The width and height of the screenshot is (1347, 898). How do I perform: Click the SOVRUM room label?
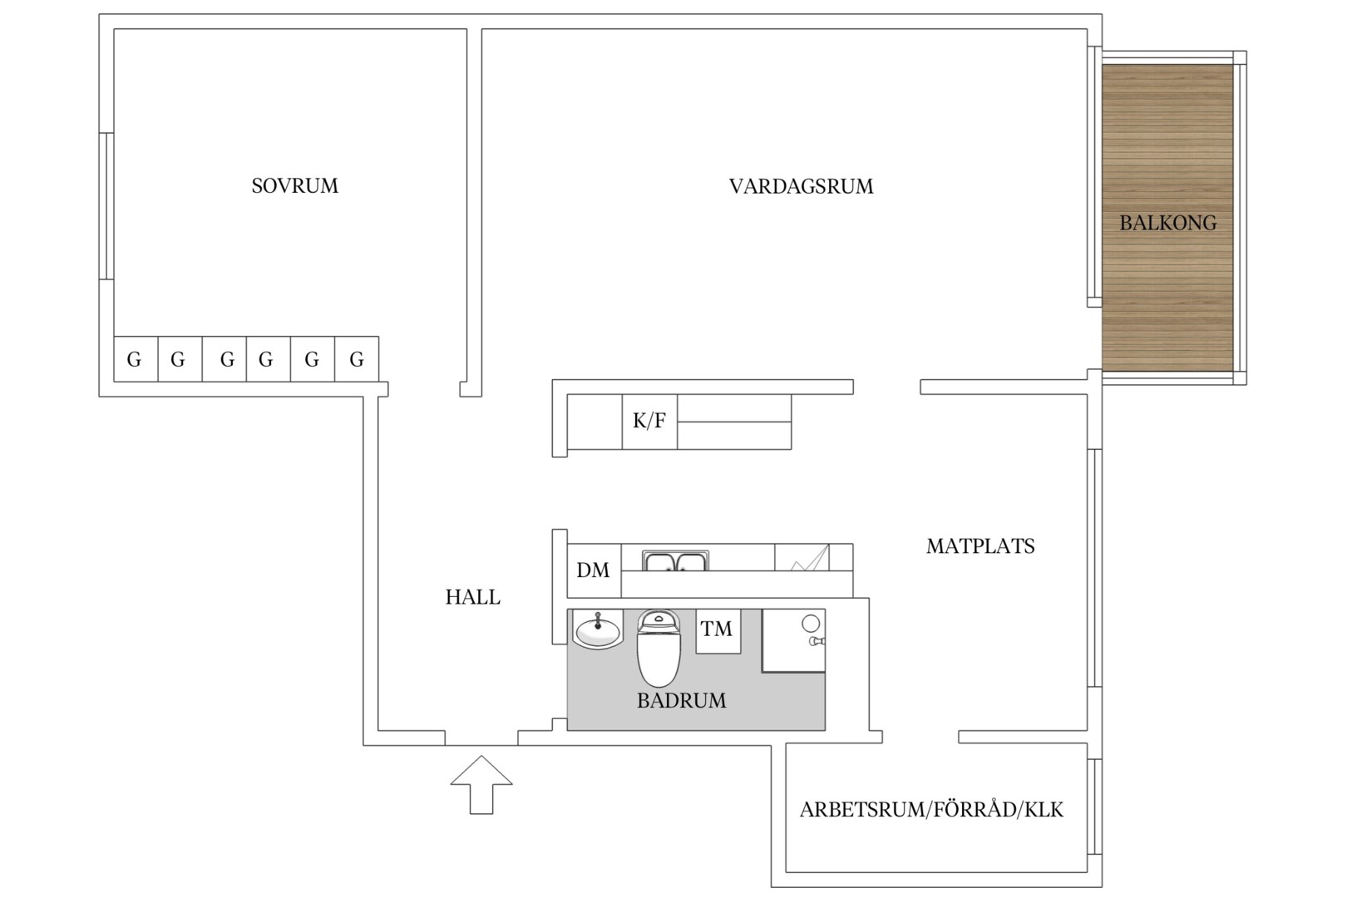pyautogui.click(x=294, y=186)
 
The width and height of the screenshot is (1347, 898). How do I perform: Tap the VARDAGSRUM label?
pyautogui.click(x=801, y=186)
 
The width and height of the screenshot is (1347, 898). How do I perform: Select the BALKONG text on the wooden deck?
pyautogui.click(x=1167, y=223)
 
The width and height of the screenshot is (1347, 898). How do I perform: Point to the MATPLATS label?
pyautogui.click(x=980, y=546)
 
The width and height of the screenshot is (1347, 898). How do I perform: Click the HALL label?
pyautogui.click(x=472, y=597)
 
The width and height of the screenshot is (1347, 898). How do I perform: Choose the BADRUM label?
pyautogui.click(x=681, y=701)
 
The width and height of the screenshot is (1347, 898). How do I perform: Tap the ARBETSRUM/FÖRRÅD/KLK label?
pyautogui.click(x=931, y=810)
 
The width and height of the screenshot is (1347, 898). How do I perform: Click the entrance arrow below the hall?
pyautogui.click(x=481, y=784)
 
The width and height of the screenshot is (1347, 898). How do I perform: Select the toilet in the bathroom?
pyautogui.click(x=659, y=648)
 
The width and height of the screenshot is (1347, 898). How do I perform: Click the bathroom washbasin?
pyautogui.click(x=598, y=629)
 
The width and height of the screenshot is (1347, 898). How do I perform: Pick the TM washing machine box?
pyautogui.click(x=718, y=631)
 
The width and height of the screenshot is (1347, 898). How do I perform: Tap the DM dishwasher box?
pyautogui.click(x=595, y=570)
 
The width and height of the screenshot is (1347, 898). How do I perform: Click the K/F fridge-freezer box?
pyautogui.click(x=649, y=422)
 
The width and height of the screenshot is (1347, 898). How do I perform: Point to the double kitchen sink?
pyautogui.click(x=675, y=560)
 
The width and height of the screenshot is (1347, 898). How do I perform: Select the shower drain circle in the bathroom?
pyautogui.click(x=811, y=624)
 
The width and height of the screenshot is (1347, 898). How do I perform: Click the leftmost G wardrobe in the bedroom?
pyautogui.click(x=136, y=359)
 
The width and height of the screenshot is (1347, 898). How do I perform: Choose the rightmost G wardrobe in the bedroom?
pyautogui.click(x=357, y=359)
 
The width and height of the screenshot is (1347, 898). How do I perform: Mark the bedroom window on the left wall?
pyautogui.click(x=106, y=205)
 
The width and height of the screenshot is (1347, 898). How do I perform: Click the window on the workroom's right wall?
pyautogui.click(x=1094, y=807)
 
